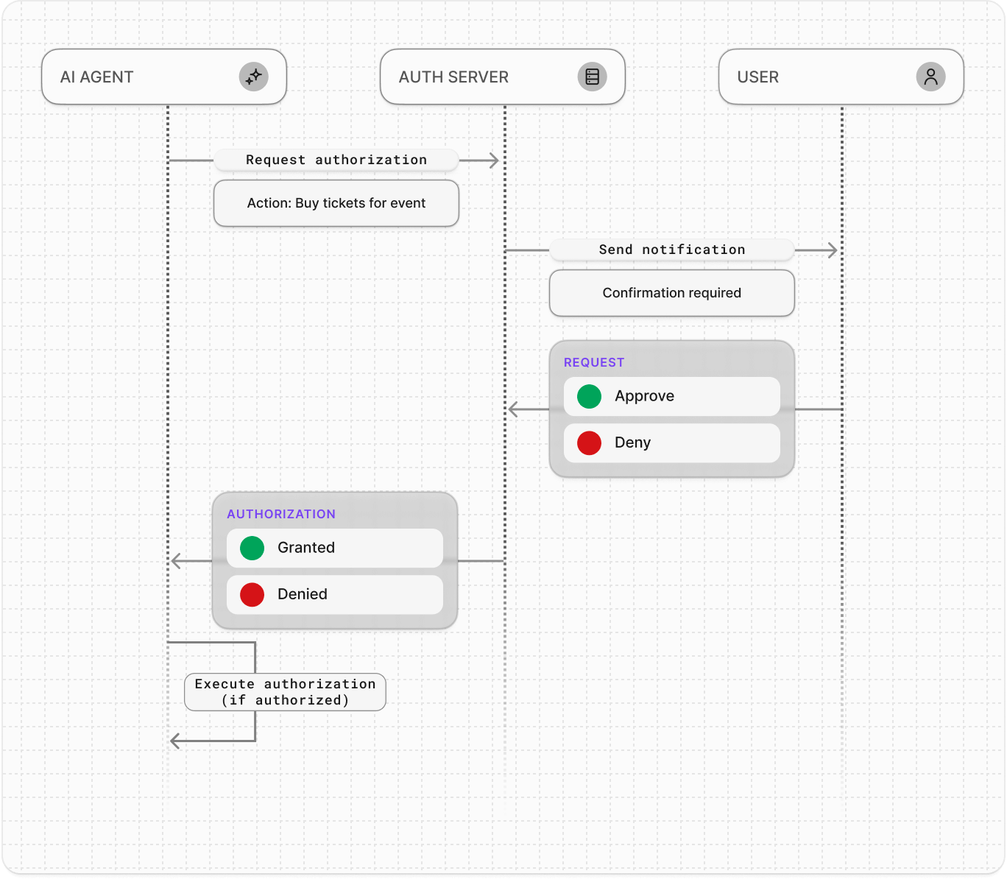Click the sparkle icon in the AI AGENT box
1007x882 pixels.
coord(253,77)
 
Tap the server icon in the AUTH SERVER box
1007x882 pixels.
coord(592,77)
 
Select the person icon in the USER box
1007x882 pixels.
coord(930,77)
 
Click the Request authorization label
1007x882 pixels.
coord(336,160)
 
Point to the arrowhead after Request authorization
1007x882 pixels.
coord(494,160)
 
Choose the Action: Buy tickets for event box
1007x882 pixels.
coord(336,203)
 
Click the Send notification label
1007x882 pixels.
coord(672,250)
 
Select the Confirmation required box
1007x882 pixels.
coord(672,293)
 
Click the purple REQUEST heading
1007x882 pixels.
coord(594,362)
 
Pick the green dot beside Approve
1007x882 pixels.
coord(589,396)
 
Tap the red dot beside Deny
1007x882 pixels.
coord(589,442)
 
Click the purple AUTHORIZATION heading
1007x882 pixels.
coord(281,514)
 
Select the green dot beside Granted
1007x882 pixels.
coord(252,548)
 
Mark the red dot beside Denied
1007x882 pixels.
coord(252,594)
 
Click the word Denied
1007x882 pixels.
coord(303,594)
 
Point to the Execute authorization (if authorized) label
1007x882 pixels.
coord(285,692)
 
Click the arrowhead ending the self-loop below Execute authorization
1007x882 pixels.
coord(175,741)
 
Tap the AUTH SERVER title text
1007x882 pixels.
coord(453,77)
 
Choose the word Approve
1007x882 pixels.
coord(644,396)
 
